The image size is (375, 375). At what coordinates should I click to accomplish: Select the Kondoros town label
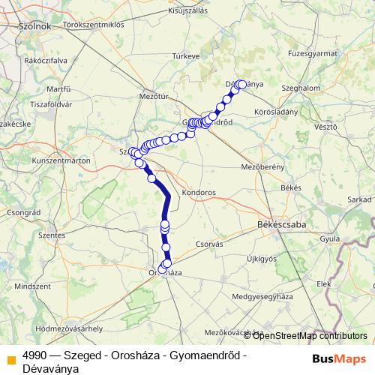pos(198,192)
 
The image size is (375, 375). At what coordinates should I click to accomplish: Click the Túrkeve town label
pos(184,56)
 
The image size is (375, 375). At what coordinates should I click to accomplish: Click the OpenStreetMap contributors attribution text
pos(308,336)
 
